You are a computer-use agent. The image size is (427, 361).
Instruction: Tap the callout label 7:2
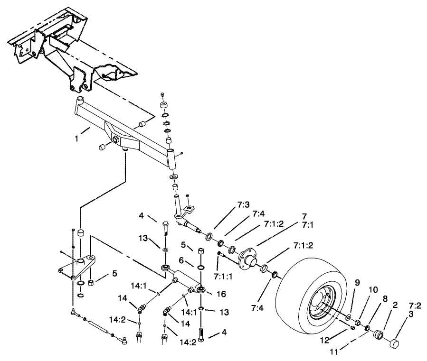(x=410, y=306)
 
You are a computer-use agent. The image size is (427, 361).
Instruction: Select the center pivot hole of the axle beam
(x=115, y=140)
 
